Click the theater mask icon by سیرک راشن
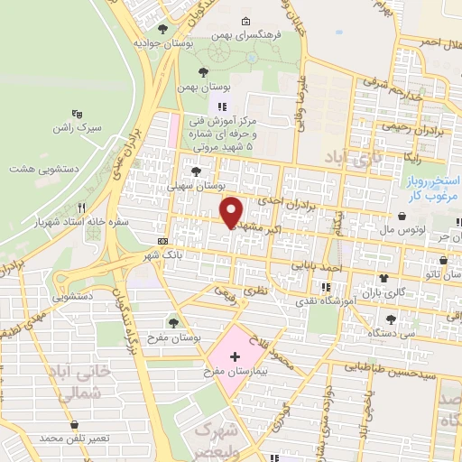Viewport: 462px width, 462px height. (78, 115)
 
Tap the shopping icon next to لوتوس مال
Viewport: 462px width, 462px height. (401, 217)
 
